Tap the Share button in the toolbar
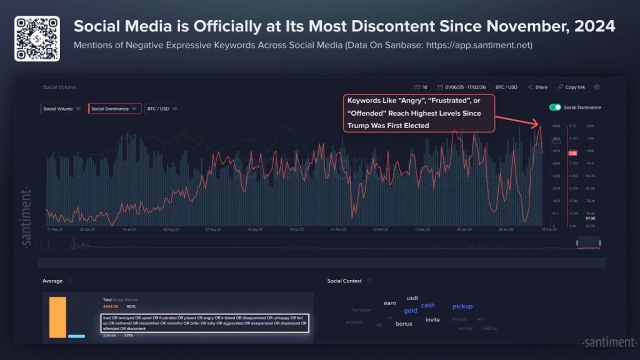pos(537,87)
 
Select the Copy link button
pos(571,87)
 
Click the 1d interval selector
pos(421,87)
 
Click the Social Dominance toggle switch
pos(554,107)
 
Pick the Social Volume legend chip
pos(61,109)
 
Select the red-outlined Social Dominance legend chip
pos(114,109)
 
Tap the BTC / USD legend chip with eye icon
pos(161,109)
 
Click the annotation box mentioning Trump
pos(419,113)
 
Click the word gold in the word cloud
pos(410,311)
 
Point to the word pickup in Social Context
pos(462,306)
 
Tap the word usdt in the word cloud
pos(412,298)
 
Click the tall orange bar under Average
pos(57,317)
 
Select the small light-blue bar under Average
pos(76,336)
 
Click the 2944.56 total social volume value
pos(110,307)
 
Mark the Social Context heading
pos(344,281)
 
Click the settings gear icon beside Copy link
pos(597,87)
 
